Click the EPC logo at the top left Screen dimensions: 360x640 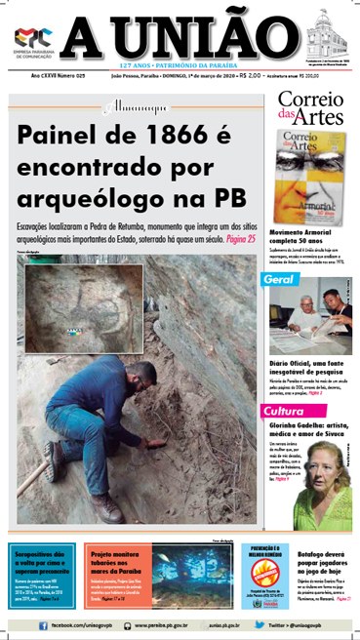[32, 39]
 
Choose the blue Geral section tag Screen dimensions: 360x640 [281, 280]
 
